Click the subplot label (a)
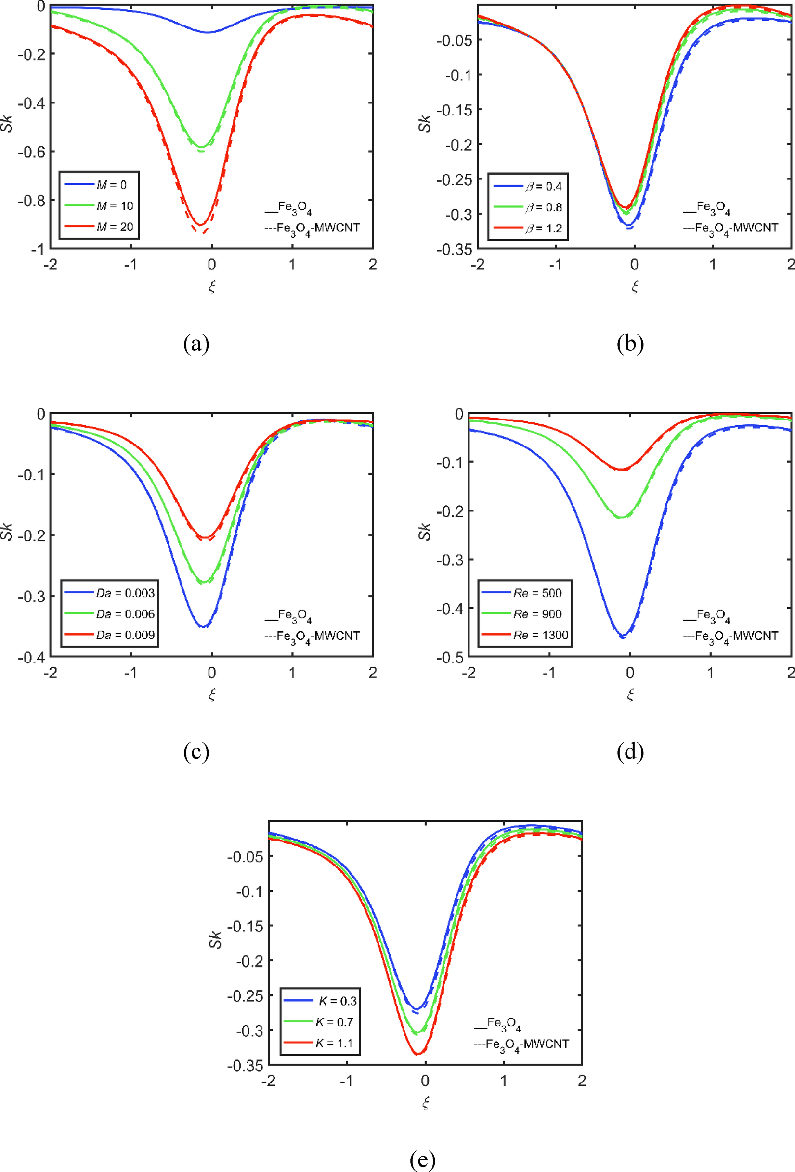click(196, 344)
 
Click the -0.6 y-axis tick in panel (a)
click(31, 152)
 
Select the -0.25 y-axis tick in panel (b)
click(454, 179)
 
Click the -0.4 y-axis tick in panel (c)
click(31, 657)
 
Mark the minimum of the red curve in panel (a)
click(200, 224)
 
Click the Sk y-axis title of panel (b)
click(424, 124)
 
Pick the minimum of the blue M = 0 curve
click(208, 32)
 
